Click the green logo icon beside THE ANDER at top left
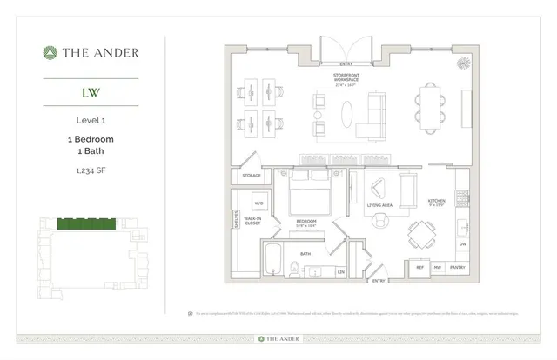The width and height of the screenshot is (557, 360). [50, 52]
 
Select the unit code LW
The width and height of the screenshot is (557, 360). [91, 91]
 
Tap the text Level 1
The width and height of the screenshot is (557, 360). [91, 121]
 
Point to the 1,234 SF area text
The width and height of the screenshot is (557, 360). [91, 170]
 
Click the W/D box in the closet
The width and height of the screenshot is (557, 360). [258, 204]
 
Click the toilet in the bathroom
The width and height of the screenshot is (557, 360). [296, 270]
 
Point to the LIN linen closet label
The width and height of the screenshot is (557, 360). [340, 272]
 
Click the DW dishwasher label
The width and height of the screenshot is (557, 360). [463, 243]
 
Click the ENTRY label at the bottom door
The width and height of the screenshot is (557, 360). [379, 281]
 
